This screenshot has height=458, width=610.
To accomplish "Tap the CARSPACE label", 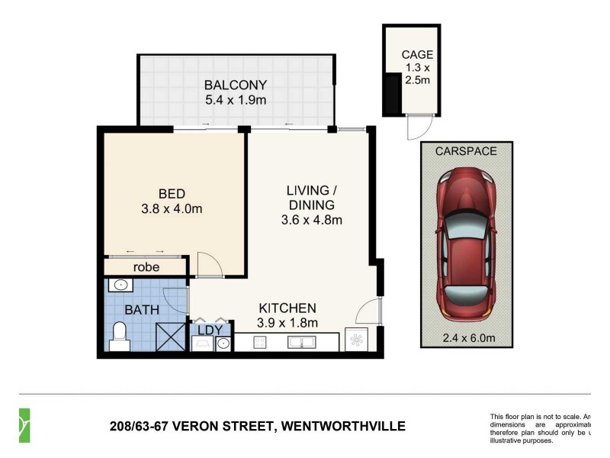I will tap(465, 151).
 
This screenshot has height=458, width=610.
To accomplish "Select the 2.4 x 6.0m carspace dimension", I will tap(465, 337).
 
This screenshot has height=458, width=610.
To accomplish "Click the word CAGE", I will tap(417, 54).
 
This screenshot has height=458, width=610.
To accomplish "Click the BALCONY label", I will tap(235, 85).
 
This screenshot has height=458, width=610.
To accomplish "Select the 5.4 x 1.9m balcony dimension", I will tap(235, 100).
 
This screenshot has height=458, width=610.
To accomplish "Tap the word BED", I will tap(172, 192).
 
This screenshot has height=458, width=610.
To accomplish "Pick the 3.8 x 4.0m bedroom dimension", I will tap(172, 208).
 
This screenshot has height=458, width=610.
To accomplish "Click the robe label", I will tap(146, 267).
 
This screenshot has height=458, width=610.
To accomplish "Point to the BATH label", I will tap(141, 311).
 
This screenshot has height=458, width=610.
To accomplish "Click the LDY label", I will tap(210, 330).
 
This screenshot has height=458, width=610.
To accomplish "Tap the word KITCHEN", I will tap(287, 308).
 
